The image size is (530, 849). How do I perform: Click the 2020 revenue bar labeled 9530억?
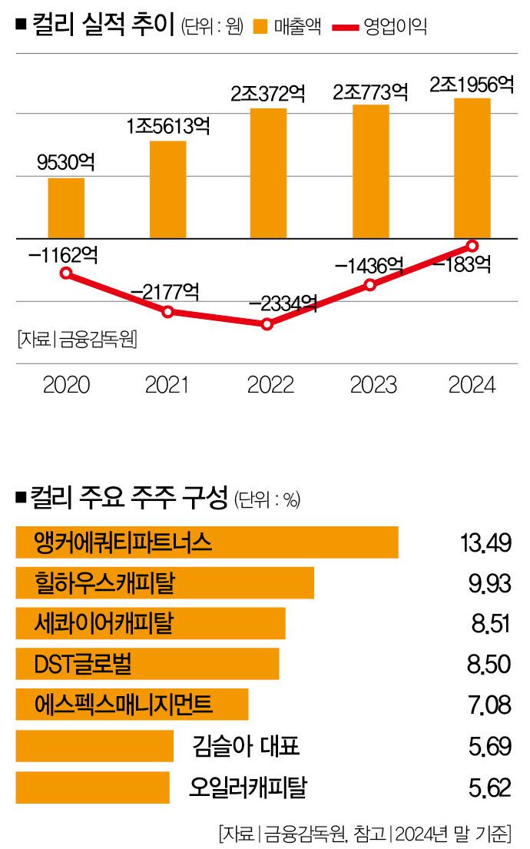click(66, 207)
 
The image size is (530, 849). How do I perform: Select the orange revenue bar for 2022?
click(268, 173)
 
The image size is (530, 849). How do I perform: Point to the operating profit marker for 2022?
click(267, 324)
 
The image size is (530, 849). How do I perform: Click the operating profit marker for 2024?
click(472, 246)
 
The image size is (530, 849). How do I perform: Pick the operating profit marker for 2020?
click(67, 273)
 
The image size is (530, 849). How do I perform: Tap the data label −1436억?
click(369, 266)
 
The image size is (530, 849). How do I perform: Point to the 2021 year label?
click(167, 385)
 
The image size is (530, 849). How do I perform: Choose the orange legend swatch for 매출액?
click(260, 27)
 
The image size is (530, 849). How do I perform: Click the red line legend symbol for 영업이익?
click(347, 28)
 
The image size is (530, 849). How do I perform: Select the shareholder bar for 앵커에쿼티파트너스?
click(207, 542)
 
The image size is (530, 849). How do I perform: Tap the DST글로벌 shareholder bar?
click(147, 664)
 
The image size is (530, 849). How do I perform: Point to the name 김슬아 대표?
click(246, 745)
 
